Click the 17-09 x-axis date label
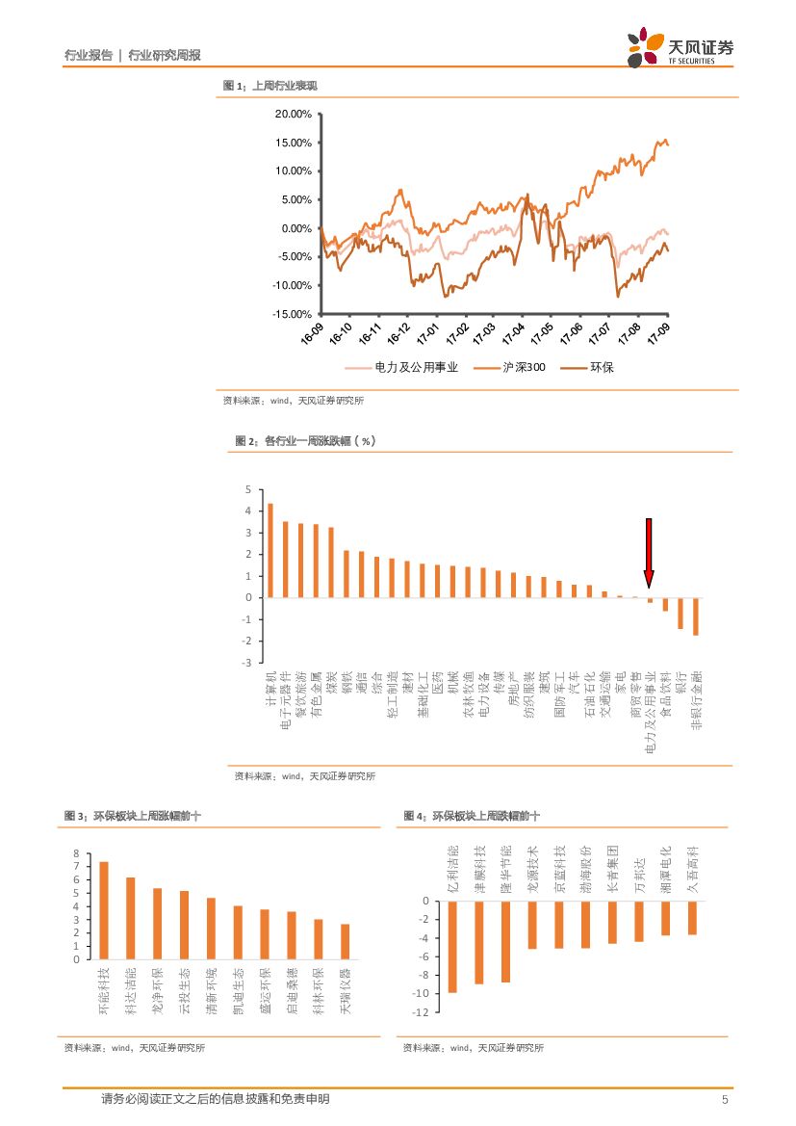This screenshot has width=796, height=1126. click(x=659, y=334)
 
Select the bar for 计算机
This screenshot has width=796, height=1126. click(x=270, y=550)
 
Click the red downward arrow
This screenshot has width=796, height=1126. click(x=649, y=552)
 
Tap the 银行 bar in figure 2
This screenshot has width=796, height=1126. click(x=680, y=614)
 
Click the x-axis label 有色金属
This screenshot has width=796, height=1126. click(x=317, y=693)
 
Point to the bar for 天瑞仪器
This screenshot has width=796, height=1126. click(x=345, y=941)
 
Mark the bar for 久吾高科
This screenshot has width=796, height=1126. click(x=691, y=917)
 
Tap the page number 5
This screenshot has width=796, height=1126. click(x=725, y=1099)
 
